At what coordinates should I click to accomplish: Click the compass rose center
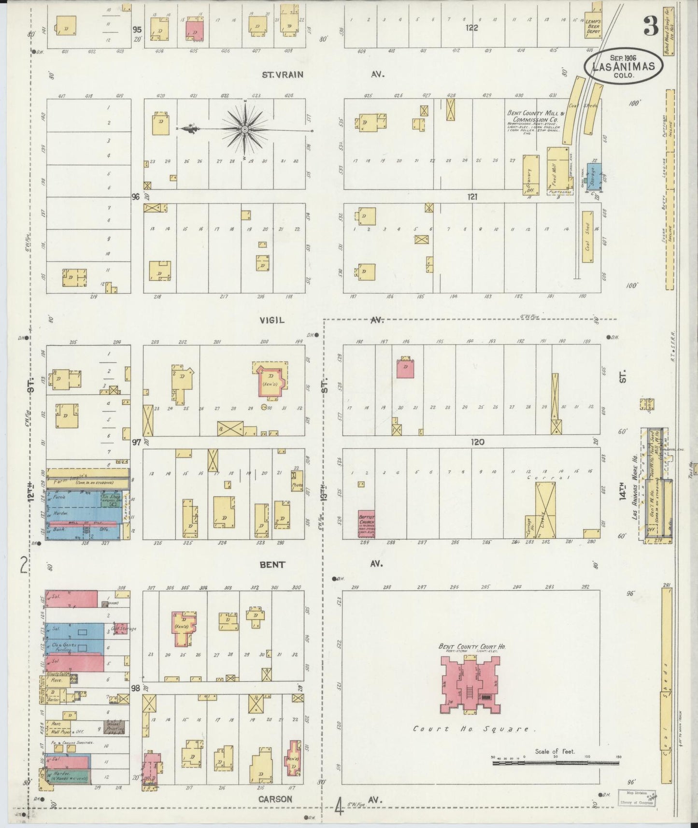(x=245, y=129)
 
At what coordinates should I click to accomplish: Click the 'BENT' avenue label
(x=273, y=564)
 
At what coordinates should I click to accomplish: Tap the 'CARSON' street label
(x=275, y=799)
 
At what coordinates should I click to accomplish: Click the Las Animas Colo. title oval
(x=622, y=67)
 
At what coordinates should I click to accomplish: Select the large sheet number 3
(x=650, y=28)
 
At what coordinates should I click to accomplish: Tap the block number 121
(x=472, y=197)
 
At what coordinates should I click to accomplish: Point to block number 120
(x=478, y=442)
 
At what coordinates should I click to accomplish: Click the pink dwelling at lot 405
(x=195, y=30)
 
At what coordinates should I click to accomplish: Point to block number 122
(x=471, y=28)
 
